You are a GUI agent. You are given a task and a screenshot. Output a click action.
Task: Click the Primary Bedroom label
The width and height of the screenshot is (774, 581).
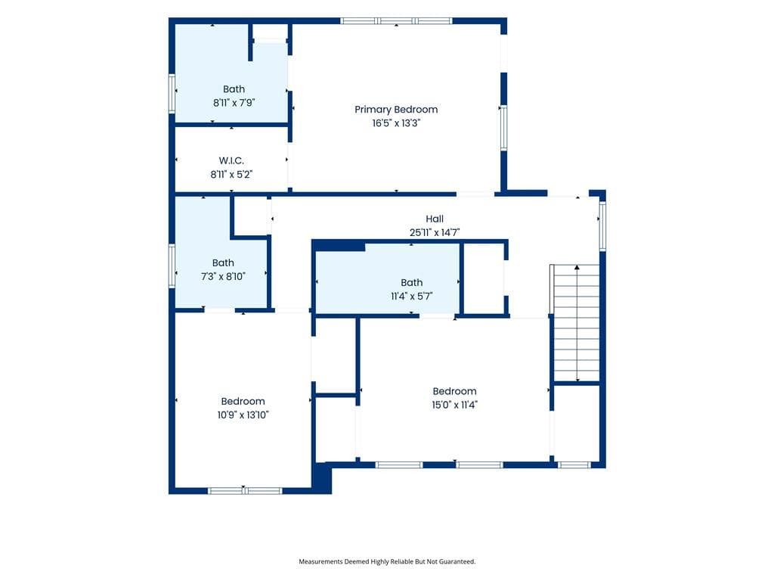396,110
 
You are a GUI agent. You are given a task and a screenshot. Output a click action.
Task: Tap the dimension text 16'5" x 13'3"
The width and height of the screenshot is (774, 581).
396,123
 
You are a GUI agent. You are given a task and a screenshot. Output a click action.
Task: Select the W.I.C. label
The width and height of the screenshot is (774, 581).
231,160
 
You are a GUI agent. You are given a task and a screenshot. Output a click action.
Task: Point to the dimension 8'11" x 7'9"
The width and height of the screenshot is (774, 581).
234,103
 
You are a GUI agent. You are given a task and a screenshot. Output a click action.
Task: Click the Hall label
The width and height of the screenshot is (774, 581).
435,219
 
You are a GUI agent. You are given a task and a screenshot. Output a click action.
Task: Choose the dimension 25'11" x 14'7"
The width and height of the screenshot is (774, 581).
435,232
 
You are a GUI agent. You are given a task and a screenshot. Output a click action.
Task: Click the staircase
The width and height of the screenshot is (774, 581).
575,323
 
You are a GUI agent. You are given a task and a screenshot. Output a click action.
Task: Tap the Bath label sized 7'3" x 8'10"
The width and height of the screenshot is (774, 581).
223,263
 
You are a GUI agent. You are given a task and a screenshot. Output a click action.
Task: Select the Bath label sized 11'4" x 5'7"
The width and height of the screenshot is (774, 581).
412,283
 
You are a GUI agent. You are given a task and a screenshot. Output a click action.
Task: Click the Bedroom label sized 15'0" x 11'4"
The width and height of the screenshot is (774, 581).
454,391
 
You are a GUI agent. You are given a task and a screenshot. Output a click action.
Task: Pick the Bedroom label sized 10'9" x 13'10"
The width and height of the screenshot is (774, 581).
243,401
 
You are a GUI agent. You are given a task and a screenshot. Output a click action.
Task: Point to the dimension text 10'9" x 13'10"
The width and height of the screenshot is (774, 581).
243,415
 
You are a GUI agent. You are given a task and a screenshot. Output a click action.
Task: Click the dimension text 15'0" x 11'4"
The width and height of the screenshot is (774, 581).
454,405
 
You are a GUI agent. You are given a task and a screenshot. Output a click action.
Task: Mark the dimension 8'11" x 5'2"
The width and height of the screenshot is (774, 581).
231,175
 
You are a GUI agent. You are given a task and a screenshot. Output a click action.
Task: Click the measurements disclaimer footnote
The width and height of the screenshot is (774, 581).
387,561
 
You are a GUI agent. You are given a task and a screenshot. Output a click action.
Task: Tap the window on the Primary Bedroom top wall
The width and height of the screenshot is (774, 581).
396,20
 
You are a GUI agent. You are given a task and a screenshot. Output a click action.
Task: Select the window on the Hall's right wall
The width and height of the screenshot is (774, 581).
602,225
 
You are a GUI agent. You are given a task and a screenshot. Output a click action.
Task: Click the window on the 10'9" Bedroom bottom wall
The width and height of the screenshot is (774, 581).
245,490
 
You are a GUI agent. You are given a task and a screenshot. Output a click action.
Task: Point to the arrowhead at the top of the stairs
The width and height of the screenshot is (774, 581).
577,267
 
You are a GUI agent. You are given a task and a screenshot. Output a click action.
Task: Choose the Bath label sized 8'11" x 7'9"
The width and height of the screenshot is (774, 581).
234,89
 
